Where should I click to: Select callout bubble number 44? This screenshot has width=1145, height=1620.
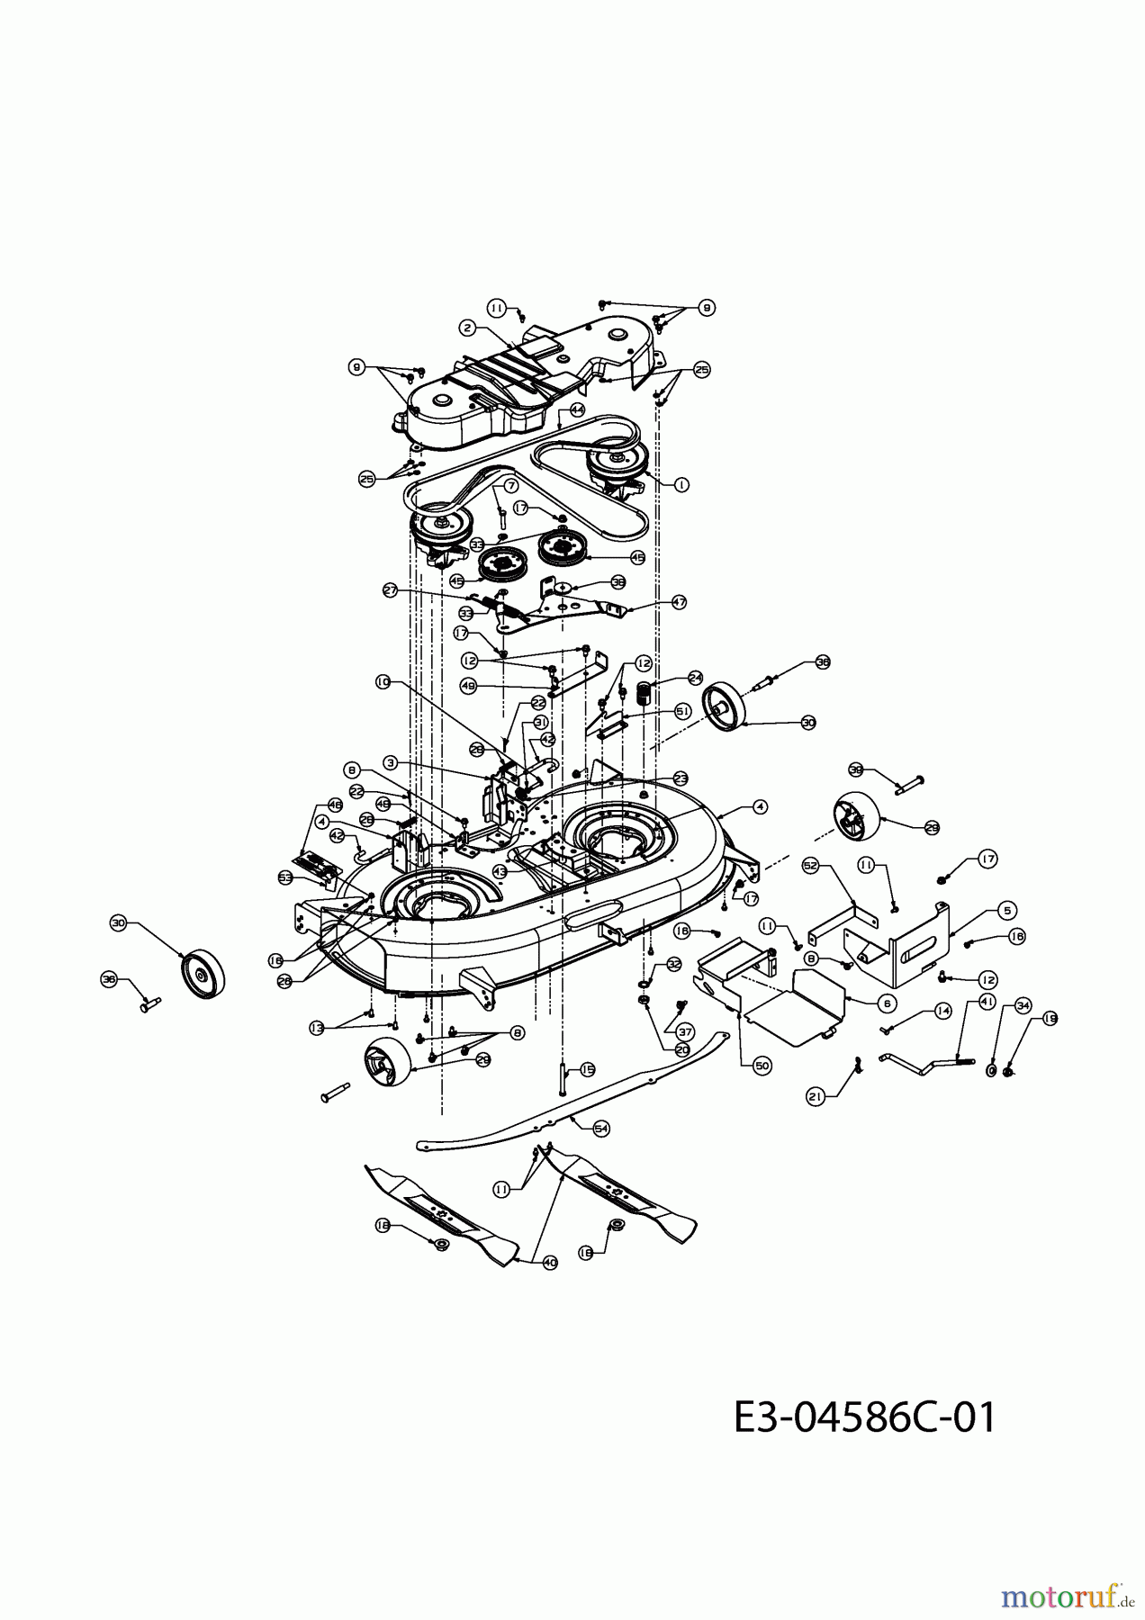pyautogui.click(x=577, y=409)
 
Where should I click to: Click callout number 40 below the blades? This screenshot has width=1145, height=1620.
pyautogui.click(x=550, y=1263)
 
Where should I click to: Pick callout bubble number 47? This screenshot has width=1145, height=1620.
pyautogui.click(x=679, y=603)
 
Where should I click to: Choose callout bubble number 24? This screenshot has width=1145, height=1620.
pyautogui.click(x=695, y=676)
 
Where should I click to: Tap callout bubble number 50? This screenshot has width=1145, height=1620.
pyautogui.click(x=762, y=1064)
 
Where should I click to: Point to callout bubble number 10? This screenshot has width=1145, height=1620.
pyautogui.click(x=383, y=682)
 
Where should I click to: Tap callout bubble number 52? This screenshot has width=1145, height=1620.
pyautogui.click(x=810, y=865)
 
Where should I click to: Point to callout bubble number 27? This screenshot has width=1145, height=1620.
pyautogui.click(x=390, y=590)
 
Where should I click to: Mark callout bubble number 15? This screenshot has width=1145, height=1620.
pyautogui.click(x=588, y=1070)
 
